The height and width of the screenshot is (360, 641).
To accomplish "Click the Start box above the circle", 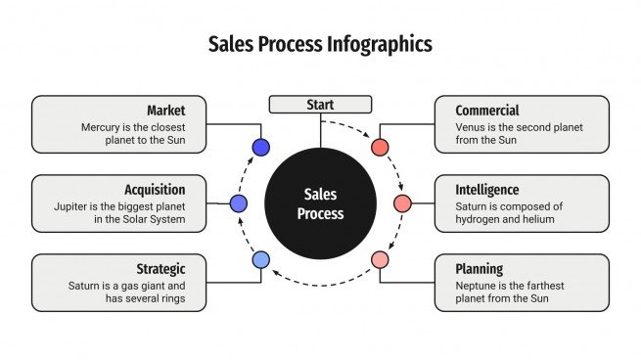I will click(320, 105).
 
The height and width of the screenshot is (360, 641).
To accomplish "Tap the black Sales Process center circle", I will click(320, 203).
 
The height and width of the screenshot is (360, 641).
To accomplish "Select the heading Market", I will click(165, 111).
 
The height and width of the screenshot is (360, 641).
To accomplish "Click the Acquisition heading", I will click(155, 190).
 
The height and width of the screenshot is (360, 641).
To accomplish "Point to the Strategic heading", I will click(161, 269).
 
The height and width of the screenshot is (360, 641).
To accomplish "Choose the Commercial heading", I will click(487, 111).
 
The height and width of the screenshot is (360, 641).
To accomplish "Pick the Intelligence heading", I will click(487, 190).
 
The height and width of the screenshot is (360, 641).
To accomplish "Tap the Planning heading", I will click(480, 269).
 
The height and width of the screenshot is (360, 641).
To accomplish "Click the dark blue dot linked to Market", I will click(260, 148).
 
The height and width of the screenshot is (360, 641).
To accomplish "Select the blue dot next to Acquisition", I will click(239, 203).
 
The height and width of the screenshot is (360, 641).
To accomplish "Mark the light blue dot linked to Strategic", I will click(260, 259).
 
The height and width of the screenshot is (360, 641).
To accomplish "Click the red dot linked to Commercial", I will click(380, 148).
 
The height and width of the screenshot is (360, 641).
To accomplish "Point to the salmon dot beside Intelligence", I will click(402, 203).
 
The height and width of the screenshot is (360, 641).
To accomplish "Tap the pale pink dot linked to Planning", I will click(380, 259).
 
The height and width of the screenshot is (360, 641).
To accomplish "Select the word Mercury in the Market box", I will click(105, 127).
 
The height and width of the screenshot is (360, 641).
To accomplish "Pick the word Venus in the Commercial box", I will click(472, 127).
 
